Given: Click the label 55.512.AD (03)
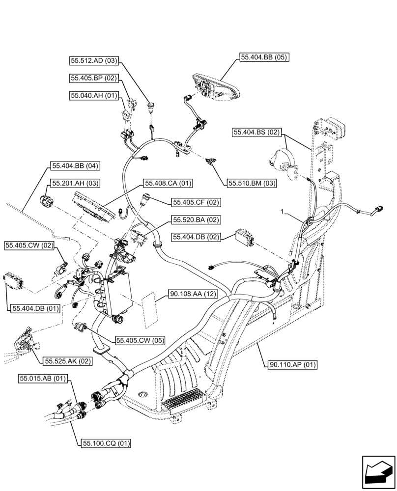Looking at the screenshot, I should tap(93, 61).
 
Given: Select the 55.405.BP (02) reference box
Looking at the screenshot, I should tap(93, 78).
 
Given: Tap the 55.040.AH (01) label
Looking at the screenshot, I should tap(93, 95).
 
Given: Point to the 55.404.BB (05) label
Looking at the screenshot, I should tap(264, 57).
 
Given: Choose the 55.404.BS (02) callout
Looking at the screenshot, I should tap(256, 132).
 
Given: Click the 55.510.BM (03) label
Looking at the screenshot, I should tap(252, 183).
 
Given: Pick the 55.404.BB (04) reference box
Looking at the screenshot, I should tap(74, 166).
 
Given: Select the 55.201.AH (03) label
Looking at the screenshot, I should tap(74, 183).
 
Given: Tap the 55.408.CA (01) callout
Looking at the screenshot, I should tap(168, 183).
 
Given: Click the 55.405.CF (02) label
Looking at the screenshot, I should tap(196, 202).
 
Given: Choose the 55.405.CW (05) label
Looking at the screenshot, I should tap(140, 340).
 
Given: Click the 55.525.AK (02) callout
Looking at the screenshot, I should tap(68, 361).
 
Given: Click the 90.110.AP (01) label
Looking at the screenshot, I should tap(293, 364).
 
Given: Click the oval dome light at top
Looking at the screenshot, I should tap(216, 88).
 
